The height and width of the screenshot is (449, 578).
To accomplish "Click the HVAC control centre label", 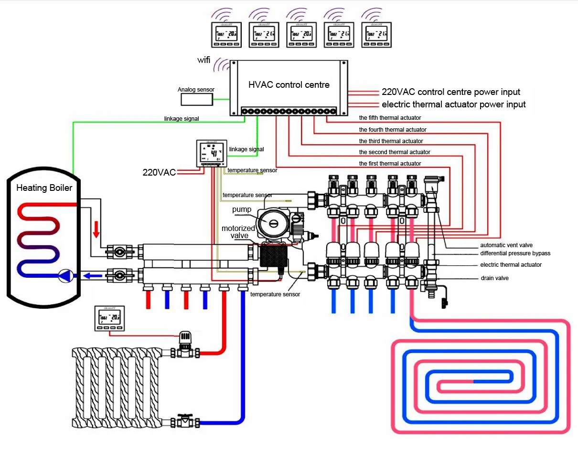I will (289, 85).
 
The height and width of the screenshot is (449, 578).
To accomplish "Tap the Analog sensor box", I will (197, 99).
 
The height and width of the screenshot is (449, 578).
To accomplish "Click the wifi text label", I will (204, 60).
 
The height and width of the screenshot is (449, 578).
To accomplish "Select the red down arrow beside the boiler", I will (96, 230).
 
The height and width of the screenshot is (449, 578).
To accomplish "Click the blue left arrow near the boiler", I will (88, 275).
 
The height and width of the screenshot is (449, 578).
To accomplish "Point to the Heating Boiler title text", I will (44, 188).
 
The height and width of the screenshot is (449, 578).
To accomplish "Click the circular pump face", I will (271, 223).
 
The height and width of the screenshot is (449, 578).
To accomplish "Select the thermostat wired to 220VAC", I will (211, 153).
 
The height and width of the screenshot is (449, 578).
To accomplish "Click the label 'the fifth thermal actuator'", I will (390, 117).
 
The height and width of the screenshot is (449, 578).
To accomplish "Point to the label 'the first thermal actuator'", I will (390, 164).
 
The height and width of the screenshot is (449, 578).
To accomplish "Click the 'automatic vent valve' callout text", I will (506, 245).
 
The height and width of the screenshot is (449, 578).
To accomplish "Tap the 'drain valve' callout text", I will (494, 278).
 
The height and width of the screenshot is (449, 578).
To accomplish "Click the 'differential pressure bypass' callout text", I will (515, 253).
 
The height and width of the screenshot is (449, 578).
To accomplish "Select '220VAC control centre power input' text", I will (450, 92).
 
